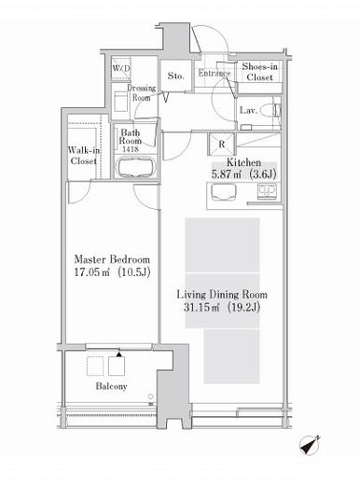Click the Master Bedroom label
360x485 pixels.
(112, 259)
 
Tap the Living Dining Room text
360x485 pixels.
(222, 295)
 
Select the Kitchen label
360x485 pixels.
(243, 162)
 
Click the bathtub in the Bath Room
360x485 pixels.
(136, 167)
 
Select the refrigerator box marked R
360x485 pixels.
(221, 144)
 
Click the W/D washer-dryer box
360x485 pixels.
(121, 68)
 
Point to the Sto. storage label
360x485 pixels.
(175, 76)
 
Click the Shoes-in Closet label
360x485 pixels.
(259, 72)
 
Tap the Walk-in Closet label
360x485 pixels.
(84, 156)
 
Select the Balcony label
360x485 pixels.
(111, 386)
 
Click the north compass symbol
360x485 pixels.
(310, 445)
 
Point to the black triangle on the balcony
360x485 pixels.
(118, 354)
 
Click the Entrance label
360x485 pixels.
(215, 74)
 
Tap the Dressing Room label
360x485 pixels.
(142, 92)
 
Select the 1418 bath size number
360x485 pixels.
(131, 149)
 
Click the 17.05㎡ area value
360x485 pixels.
(92, 272)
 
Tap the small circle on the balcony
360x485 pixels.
(151, 396)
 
